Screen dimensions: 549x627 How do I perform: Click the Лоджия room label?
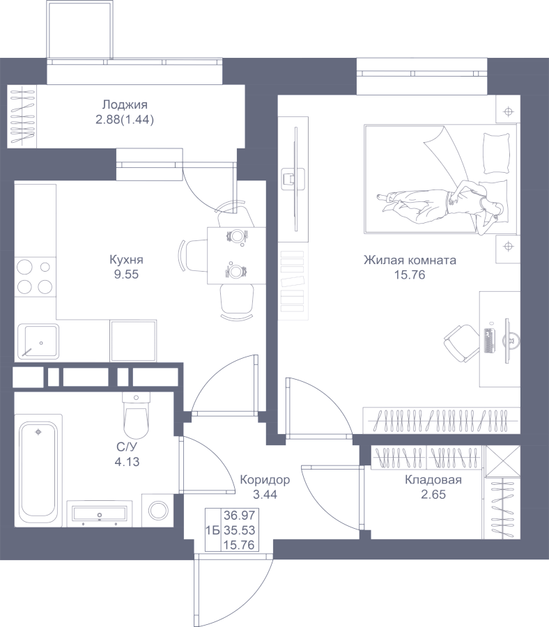pyautogui.click(x=125, y=105)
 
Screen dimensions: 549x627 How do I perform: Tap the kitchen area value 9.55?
pyautogui.click(x=126, y=274)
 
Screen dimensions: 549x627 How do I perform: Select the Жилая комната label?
pyautogui.click(x=410, y=261)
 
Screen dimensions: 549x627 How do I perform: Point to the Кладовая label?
pyautogui.click(x=433, y=479)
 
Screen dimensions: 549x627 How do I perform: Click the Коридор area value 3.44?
pyautogui.click(x=265, y=494)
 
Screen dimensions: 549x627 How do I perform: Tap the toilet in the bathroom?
pyautogui.click(x=136, y=415)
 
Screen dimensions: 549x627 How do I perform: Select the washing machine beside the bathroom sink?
pyautogui.click(x=158, y=510)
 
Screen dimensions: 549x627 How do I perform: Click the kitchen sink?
pyautogui.click(x=38, y=341)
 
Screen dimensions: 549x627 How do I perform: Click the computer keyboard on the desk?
pyautogui.click(x=488, y=341)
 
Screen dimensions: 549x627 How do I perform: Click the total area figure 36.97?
pyautogui.click(x=240, y=515)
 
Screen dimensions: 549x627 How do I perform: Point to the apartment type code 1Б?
pyautogui.click(x=212, y=530)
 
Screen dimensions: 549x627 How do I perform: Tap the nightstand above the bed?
pyautogui.click(x=508, y=111)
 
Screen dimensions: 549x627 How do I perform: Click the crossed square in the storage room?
pyautogui.click(x=502, y=461)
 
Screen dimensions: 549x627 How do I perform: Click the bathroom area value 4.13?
pyautogui.click(x=127, y=462)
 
